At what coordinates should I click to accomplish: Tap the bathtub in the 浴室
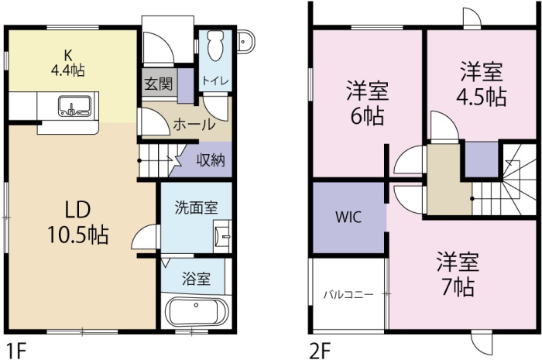point(197,311)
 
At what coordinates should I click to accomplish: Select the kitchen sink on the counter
point(74,105)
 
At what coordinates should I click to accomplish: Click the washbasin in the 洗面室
point(223,237)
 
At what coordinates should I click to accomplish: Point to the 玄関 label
point(158,84)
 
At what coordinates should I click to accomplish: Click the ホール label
point(194,125)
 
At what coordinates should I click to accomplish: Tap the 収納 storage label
point(211,160)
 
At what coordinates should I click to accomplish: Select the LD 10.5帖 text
point(78,222)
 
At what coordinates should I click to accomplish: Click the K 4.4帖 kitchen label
point(68,63)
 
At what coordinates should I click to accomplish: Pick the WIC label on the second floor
point(348,217)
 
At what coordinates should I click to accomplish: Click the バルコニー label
point(348,295)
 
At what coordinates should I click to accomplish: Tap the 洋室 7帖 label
point(458,274)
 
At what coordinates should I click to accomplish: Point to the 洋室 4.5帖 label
point(482,84)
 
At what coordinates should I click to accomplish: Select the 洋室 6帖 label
point(368,103)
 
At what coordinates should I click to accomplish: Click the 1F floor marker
point(16,351)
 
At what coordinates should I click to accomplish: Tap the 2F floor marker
point(320,351)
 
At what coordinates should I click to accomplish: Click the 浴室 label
point(197,279)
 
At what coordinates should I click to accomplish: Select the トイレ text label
point(216,81)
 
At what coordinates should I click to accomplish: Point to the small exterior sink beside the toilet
point(246,41)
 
